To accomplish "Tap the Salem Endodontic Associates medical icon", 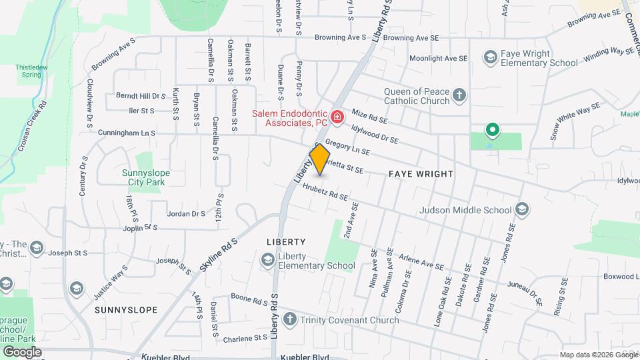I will coord(337,118).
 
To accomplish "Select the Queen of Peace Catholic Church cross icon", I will coord(459,95).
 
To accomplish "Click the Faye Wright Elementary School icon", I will coord(491,57).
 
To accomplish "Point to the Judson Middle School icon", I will coord(522,211).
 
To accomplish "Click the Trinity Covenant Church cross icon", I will coord(289,320).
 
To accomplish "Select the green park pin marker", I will coord(492,130).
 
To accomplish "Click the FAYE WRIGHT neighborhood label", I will coord(421,174).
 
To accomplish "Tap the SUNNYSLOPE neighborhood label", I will coord(126,310).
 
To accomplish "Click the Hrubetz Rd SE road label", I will coord(325,193).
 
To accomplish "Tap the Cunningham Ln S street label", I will coord(126,133).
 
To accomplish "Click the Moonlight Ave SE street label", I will coord(438,59).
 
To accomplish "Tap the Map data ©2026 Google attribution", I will coord(598,354).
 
